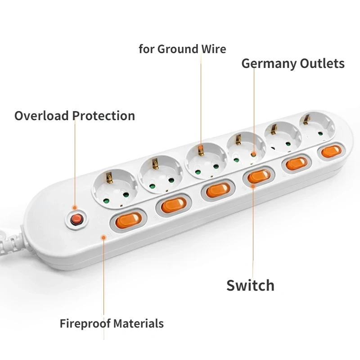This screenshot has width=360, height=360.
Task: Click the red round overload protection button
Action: [76, 220]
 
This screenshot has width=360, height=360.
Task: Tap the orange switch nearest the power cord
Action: [128, 221]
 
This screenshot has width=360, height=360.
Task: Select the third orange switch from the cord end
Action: [218, 190]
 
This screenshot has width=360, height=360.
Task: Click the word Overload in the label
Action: [41, 116]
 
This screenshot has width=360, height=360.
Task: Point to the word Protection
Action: [104, 116]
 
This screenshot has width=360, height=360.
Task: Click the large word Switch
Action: [250, 285]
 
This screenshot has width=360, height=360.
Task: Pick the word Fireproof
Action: [85, 324]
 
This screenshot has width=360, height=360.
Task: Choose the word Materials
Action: [139, 324]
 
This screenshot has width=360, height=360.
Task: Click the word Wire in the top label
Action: [214, 49]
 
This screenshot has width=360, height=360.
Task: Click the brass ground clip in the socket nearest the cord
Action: [109, 178]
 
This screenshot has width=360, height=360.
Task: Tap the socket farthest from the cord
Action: [317, 126]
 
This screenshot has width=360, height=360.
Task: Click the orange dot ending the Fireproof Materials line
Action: [104, 238]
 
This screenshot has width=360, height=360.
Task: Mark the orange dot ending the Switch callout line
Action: [253, 186]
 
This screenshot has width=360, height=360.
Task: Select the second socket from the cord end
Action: [161, 172]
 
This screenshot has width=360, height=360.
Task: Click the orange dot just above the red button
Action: [75, 208]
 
